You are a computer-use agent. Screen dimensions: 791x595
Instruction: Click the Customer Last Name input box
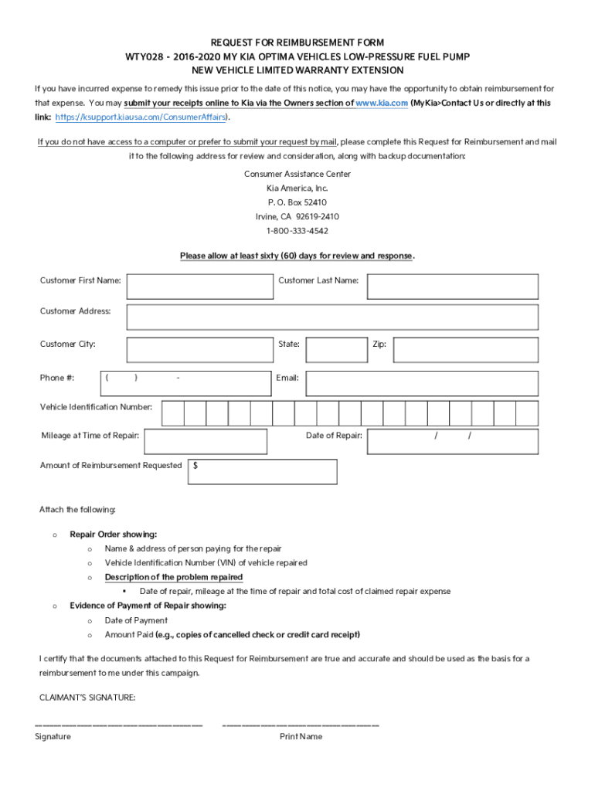(x=452, y=286)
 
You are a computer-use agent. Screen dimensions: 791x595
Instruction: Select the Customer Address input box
(x=332, y=317)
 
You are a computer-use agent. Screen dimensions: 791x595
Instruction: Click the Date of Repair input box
(x=452, y=441)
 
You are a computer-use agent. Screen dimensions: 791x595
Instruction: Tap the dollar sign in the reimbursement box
(x=195, y=466)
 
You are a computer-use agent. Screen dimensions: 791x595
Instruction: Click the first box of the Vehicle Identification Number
(x=173, y=413)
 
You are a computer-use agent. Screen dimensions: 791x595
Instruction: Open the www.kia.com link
(x=381, y=103)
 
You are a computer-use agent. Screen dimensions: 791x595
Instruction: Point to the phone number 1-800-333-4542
(x=297, y=231)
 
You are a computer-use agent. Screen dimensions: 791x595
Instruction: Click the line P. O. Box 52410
(x=297, y=202)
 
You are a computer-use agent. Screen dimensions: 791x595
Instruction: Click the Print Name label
(x=301, y=737)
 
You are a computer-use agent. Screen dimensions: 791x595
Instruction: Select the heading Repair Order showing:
(x=113, y=534)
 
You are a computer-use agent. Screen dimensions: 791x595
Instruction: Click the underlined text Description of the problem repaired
(x=174, y=577)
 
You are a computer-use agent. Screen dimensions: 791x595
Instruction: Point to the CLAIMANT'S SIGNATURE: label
(x=87, y=698)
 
